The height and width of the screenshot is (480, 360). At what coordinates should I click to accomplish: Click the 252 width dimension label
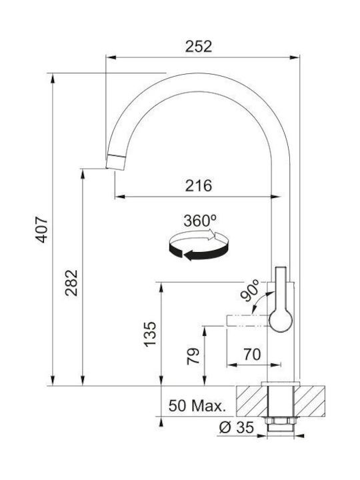[x=199, y=46]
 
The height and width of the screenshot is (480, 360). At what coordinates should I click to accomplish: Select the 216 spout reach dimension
[x=199, y=185]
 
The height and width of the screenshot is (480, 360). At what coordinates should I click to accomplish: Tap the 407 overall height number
[x=41, y=229]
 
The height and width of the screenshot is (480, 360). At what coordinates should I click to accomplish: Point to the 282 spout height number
[x=71, y=283]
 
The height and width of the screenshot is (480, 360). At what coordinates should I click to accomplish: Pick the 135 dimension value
[x=150, y=334]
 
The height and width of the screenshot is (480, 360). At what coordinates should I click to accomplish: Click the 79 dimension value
[x=193, y=357]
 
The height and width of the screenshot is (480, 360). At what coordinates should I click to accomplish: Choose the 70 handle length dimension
[x=252, y=355]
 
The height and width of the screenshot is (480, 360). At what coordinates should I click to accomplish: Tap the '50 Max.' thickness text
[x=197, y=405]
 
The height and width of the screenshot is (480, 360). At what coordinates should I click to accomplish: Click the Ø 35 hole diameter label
[x=236, y=427]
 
